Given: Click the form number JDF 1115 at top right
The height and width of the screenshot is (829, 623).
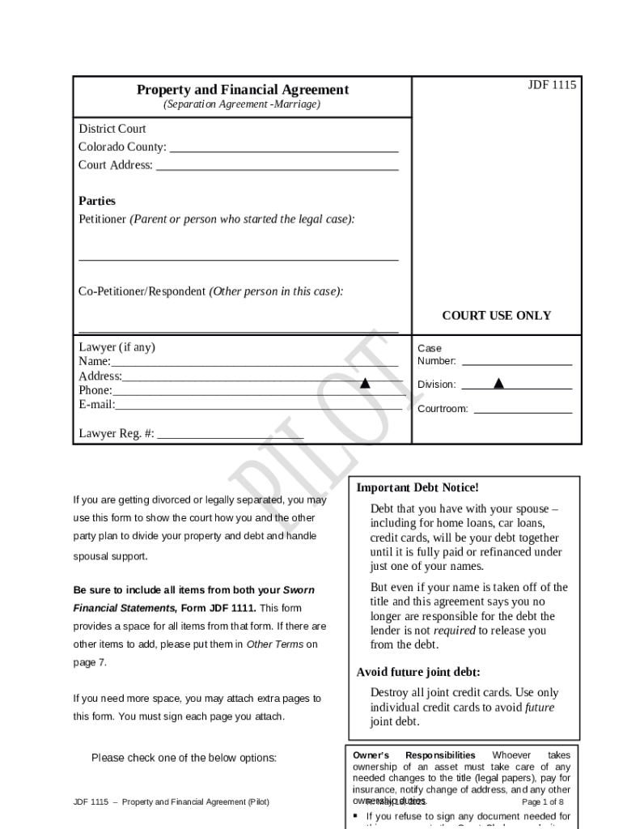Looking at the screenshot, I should tap(552, 85).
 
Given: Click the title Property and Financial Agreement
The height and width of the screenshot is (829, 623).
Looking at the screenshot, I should tap(243, 90).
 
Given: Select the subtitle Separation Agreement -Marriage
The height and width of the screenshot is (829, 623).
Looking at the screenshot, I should tap(242, 105).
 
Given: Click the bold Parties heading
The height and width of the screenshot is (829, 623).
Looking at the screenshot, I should tap(97, 201).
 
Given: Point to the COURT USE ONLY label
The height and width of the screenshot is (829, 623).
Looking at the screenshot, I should tap(496, 316).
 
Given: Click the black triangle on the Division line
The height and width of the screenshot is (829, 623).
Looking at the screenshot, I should tap(499, 383).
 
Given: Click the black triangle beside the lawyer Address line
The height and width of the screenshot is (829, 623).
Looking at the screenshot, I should tap(365, 383).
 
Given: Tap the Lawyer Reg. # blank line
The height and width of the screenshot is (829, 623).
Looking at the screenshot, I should tap(231, 436).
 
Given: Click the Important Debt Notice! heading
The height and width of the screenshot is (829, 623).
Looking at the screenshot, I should tap(417, 487).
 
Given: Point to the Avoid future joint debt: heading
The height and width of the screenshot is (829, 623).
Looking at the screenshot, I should tap(418, 672).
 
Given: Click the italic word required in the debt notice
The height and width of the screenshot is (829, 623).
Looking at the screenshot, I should tap(454, 631).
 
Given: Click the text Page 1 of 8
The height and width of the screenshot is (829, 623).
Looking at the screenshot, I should tap(543, 802).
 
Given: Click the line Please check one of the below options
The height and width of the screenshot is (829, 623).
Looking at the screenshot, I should tap(184, 759).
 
